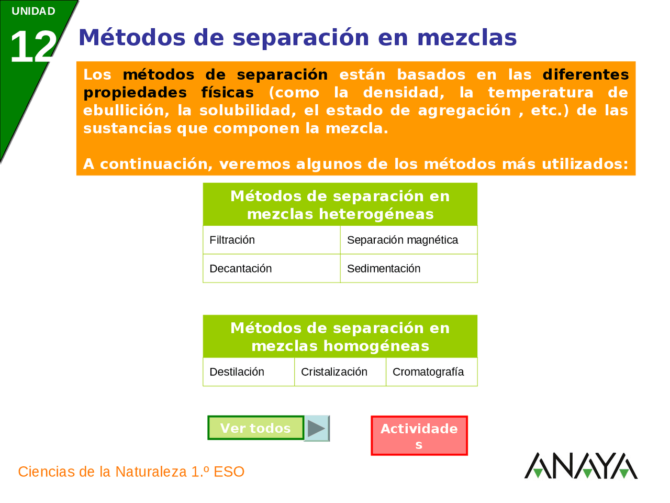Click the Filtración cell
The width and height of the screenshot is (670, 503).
[x=271, y=240]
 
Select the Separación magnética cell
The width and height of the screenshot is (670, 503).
[x=408, y=240]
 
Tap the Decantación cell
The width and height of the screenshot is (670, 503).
[x=271, y=268]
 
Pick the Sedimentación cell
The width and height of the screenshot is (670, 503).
[x=408, y=268]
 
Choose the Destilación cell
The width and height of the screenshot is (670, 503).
[x=249, y=372]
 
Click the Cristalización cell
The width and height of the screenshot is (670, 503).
[x=340, y=372]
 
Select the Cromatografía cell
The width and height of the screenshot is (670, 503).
[x=431, y=372]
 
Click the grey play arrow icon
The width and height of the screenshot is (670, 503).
[x=317, y=429]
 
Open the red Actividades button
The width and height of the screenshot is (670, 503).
[x=419, y=435]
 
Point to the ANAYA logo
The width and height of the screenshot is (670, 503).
[x=580, y=466]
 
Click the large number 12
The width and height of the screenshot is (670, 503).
[x=32, y=47]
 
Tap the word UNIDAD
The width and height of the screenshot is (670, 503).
[x=33, y=11]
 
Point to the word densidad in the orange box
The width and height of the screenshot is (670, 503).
[x=404, y=93]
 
